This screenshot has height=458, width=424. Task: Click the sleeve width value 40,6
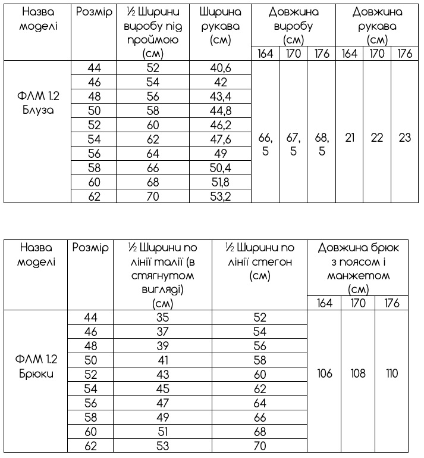221,68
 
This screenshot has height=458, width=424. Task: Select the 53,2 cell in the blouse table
221,197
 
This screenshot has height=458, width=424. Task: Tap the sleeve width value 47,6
221,139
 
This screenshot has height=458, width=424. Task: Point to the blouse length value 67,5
293,144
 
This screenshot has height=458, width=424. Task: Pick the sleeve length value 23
405,138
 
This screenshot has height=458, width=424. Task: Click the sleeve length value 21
350,138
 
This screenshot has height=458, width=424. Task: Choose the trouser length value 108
358,375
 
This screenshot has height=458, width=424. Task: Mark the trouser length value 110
392,375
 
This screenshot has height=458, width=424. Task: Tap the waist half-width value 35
162,318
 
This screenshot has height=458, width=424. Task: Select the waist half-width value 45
162,389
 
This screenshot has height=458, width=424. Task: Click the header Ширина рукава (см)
221,26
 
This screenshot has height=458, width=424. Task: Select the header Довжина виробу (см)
293,26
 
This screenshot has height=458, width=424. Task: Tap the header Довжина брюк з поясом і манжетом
358,268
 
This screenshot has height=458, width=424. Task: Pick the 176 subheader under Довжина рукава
405,54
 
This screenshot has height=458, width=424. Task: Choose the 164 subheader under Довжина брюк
324,304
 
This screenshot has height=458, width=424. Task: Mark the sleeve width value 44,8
221,111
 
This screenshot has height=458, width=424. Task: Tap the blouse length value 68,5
322,144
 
